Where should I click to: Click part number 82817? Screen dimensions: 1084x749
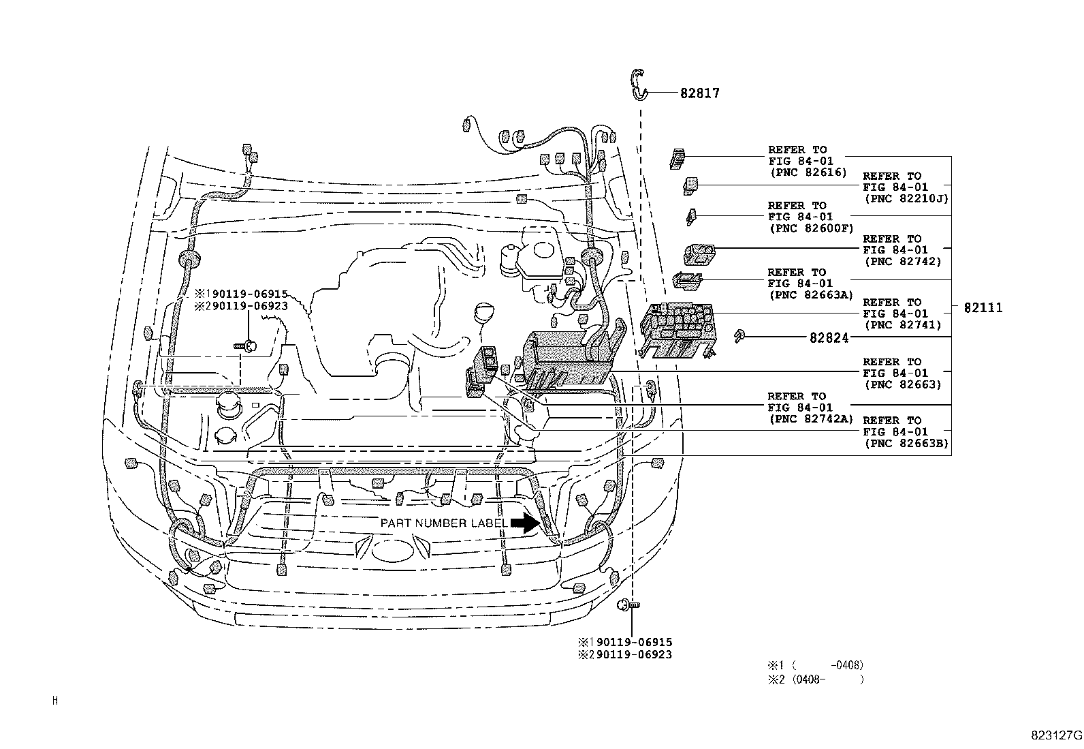699,93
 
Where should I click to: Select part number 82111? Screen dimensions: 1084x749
983,308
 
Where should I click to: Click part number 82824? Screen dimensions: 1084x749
829,337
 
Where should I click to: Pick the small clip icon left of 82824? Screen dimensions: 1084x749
738,335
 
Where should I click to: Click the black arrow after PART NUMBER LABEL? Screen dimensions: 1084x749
524,523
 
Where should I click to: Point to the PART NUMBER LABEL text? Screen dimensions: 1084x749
443,523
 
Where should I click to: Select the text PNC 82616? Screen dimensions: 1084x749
809,172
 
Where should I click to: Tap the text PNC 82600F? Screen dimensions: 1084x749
810,228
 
